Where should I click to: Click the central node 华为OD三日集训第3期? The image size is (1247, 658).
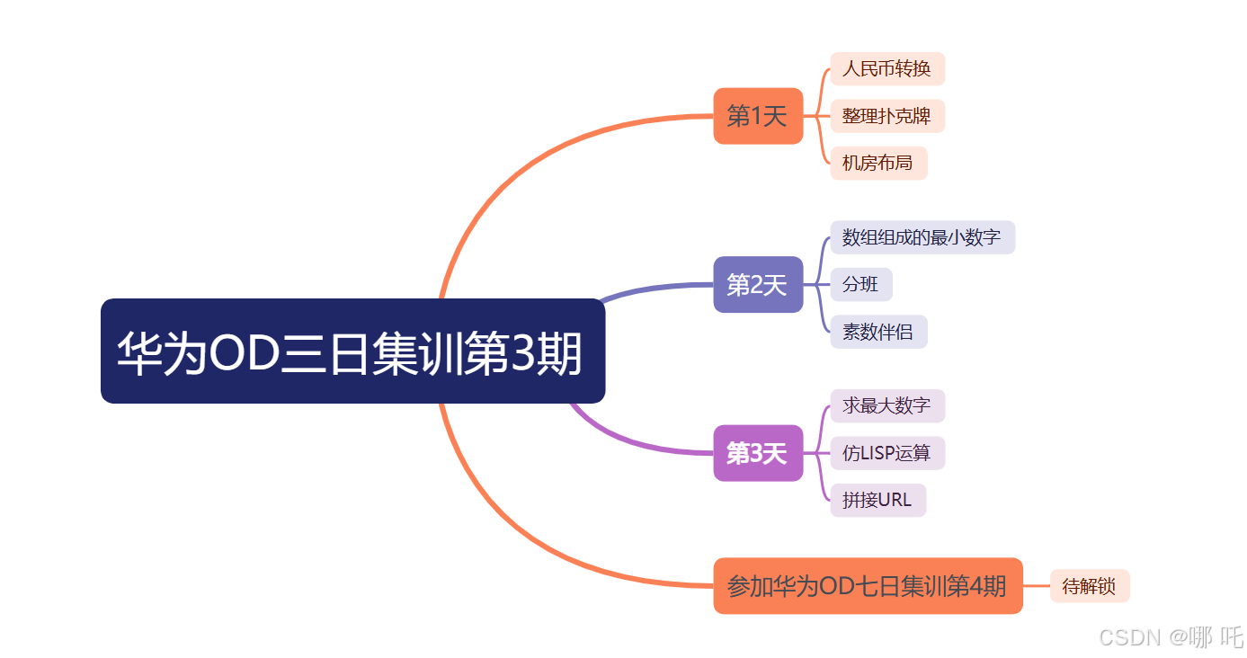click(352, 351)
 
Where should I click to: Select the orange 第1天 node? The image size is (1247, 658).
click(757, 116)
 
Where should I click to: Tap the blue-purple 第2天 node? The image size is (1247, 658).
click(757, 285)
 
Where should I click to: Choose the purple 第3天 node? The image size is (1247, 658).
click(757, 453)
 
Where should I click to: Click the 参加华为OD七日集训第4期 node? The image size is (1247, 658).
click(867, 586)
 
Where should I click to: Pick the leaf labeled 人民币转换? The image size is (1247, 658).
click(886, 69)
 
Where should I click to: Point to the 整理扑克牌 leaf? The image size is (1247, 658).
click(886, 116)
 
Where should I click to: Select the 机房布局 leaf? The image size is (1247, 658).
click(877, 164)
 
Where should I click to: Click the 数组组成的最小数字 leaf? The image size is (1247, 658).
click(922, 237)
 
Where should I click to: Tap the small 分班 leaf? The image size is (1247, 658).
click(860, 285)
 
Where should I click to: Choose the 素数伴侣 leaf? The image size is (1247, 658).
click(877, 332)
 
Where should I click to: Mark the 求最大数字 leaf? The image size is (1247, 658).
click(886, 405)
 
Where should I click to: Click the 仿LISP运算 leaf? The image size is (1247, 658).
click(886, 453)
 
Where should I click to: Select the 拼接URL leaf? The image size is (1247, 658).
click(877, 500)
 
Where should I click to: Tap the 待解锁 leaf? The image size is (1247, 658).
click(1089, 586)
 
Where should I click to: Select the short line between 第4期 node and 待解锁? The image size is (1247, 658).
click(1037, 586)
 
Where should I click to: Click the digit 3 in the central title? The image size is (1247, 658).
click(523, 353)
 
